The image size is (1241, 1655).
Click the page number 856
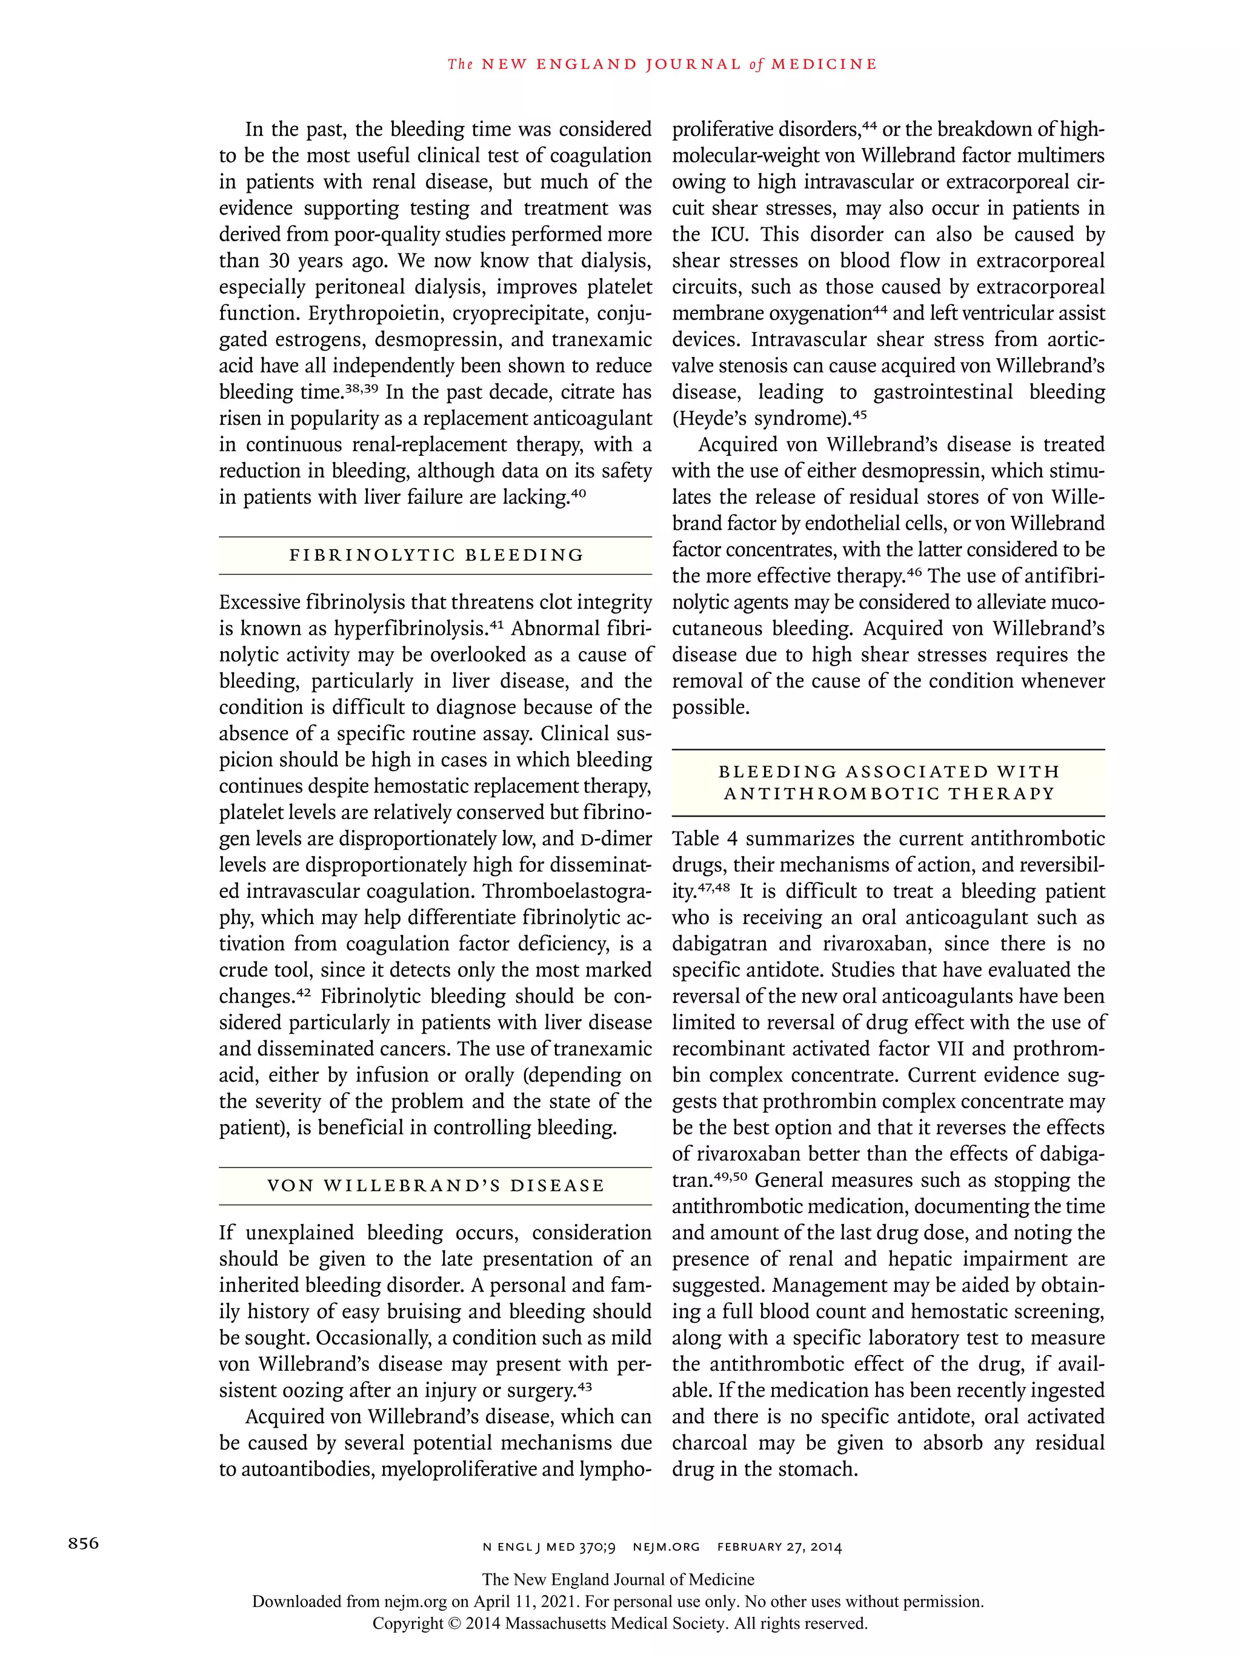point(83,1543)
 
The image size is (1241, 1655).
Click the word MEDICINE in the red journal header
point(823,64)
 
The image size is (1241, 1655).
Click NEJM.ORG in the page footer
point(667,1547)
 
